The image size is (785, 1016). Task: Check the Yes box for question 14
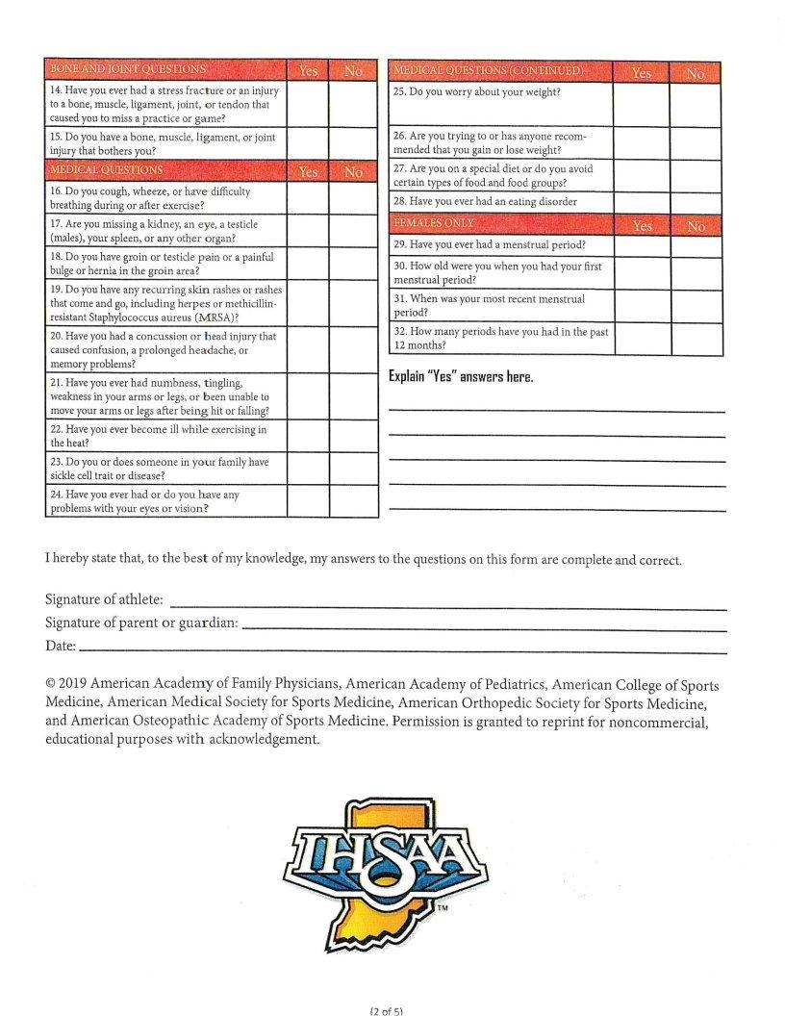click(x=308, y=105)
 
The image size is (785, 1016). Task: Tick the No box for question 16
click(x=353, y=198)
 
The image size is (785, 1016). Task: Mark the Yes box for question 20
click(x=308, y=350)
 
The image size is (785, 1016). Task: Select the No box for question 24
click(x=353, y=501)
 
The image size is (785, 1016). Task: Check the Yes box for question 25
click(x=641, y=105)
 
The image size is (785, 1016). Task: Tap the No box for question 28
click(x=696, y=202)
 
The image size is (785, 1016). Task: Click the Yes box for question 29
click(x=641, y=245)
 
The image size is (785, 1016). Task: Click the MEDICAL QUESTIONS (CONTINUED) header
click(x=488, y=71)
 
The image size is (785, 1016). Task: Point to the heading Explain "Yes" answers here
click(x=461, y=376)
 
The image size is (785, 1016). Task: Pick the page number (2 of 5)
click(x=386, y=1010)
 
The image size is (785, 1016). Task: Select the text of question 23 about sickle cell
click(x=160, y=469)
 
